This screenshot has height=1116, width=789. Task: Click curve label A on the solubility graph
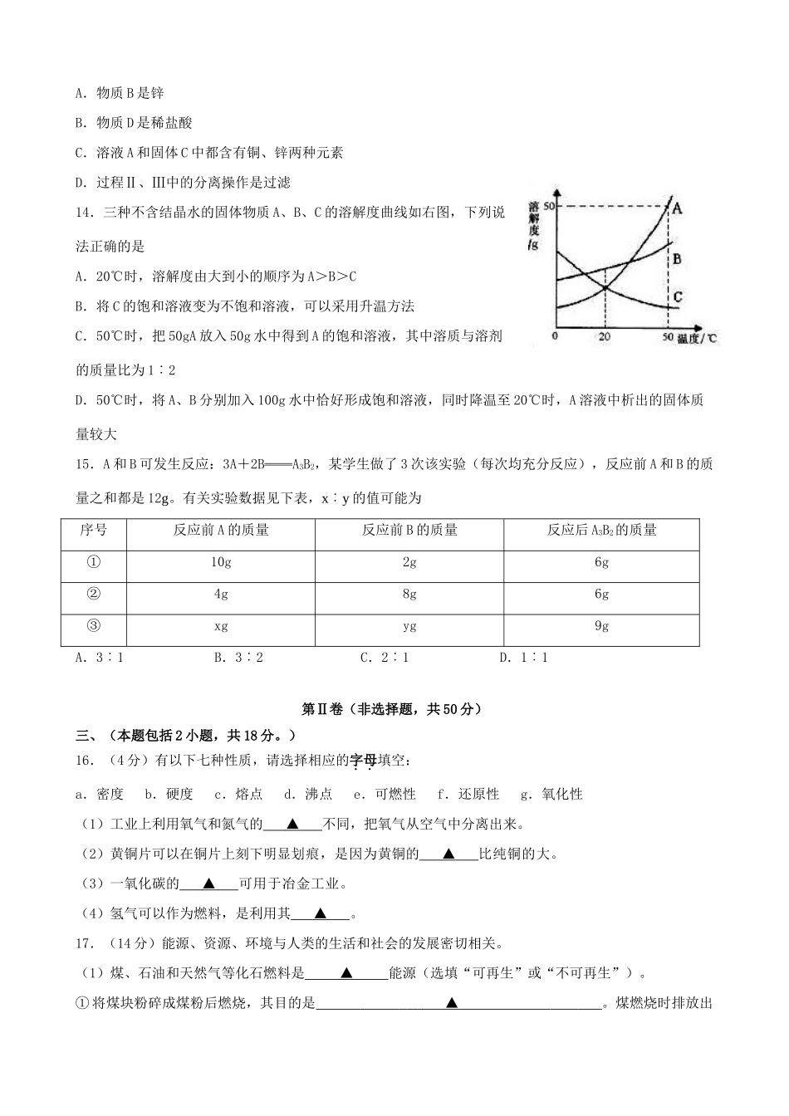click(677, 208)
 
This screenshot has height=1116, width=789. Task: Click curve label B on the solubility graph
click(677, 259)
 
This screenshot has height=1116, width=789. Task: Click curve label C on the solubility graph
click(678, 297)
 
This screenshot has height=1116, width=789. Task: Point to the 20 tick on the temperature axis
click(604, 336)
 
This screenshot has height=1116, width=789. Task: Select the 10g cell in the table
click(221, 562)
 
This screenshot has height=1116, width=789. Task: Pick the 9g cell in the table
click(601, 626)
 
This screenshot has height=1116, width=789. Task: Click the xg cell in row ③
click(221, 626)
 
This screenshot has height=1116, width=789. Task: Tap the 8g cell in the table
click(409, 595)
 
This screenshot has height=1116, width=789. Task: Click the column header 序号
click(93, 530)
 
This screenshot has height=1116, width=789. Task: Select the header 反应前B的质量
click(409, 530)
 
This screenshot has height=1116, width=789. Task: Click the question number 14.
click(84, 213)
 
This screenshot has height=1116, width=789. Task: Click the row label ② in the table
click(93, 595)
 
